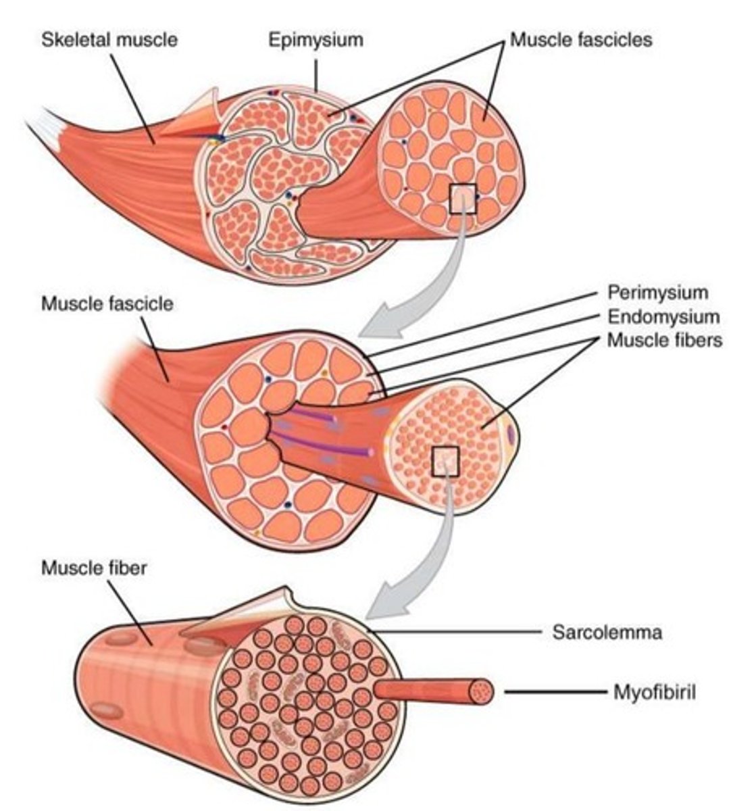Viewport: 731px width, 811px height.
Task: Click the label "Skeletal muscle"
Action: pyautogui.click(x=109, y=39)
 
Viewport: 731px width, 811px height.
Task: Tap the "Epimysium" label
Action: pyautogui.click(x=316, y=39)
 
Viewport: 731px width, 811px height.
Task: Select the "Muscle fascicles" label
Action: pyautogui.click(x=581, y=39)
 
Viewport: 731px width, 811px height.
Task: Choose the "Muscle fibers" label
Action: pyautogui.click(x=664, y=340)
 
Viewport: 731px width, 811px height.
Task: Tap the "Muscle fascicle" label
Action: pyautogui.click(x=107, y=303)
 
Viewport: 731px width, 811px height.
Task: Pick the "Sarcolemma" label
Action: pyautogui.click(x=607, y=633)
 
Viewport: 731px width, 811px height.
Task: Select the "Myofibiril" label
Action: pyautogui.click(x=654, y=691)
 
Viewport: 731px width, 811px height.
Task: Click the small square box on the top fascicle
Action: pyautogui.click(x=463, y=199)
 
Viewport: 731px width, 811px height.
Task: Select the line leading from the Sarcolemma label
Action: pyautogui.click(x=459, y=633)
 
